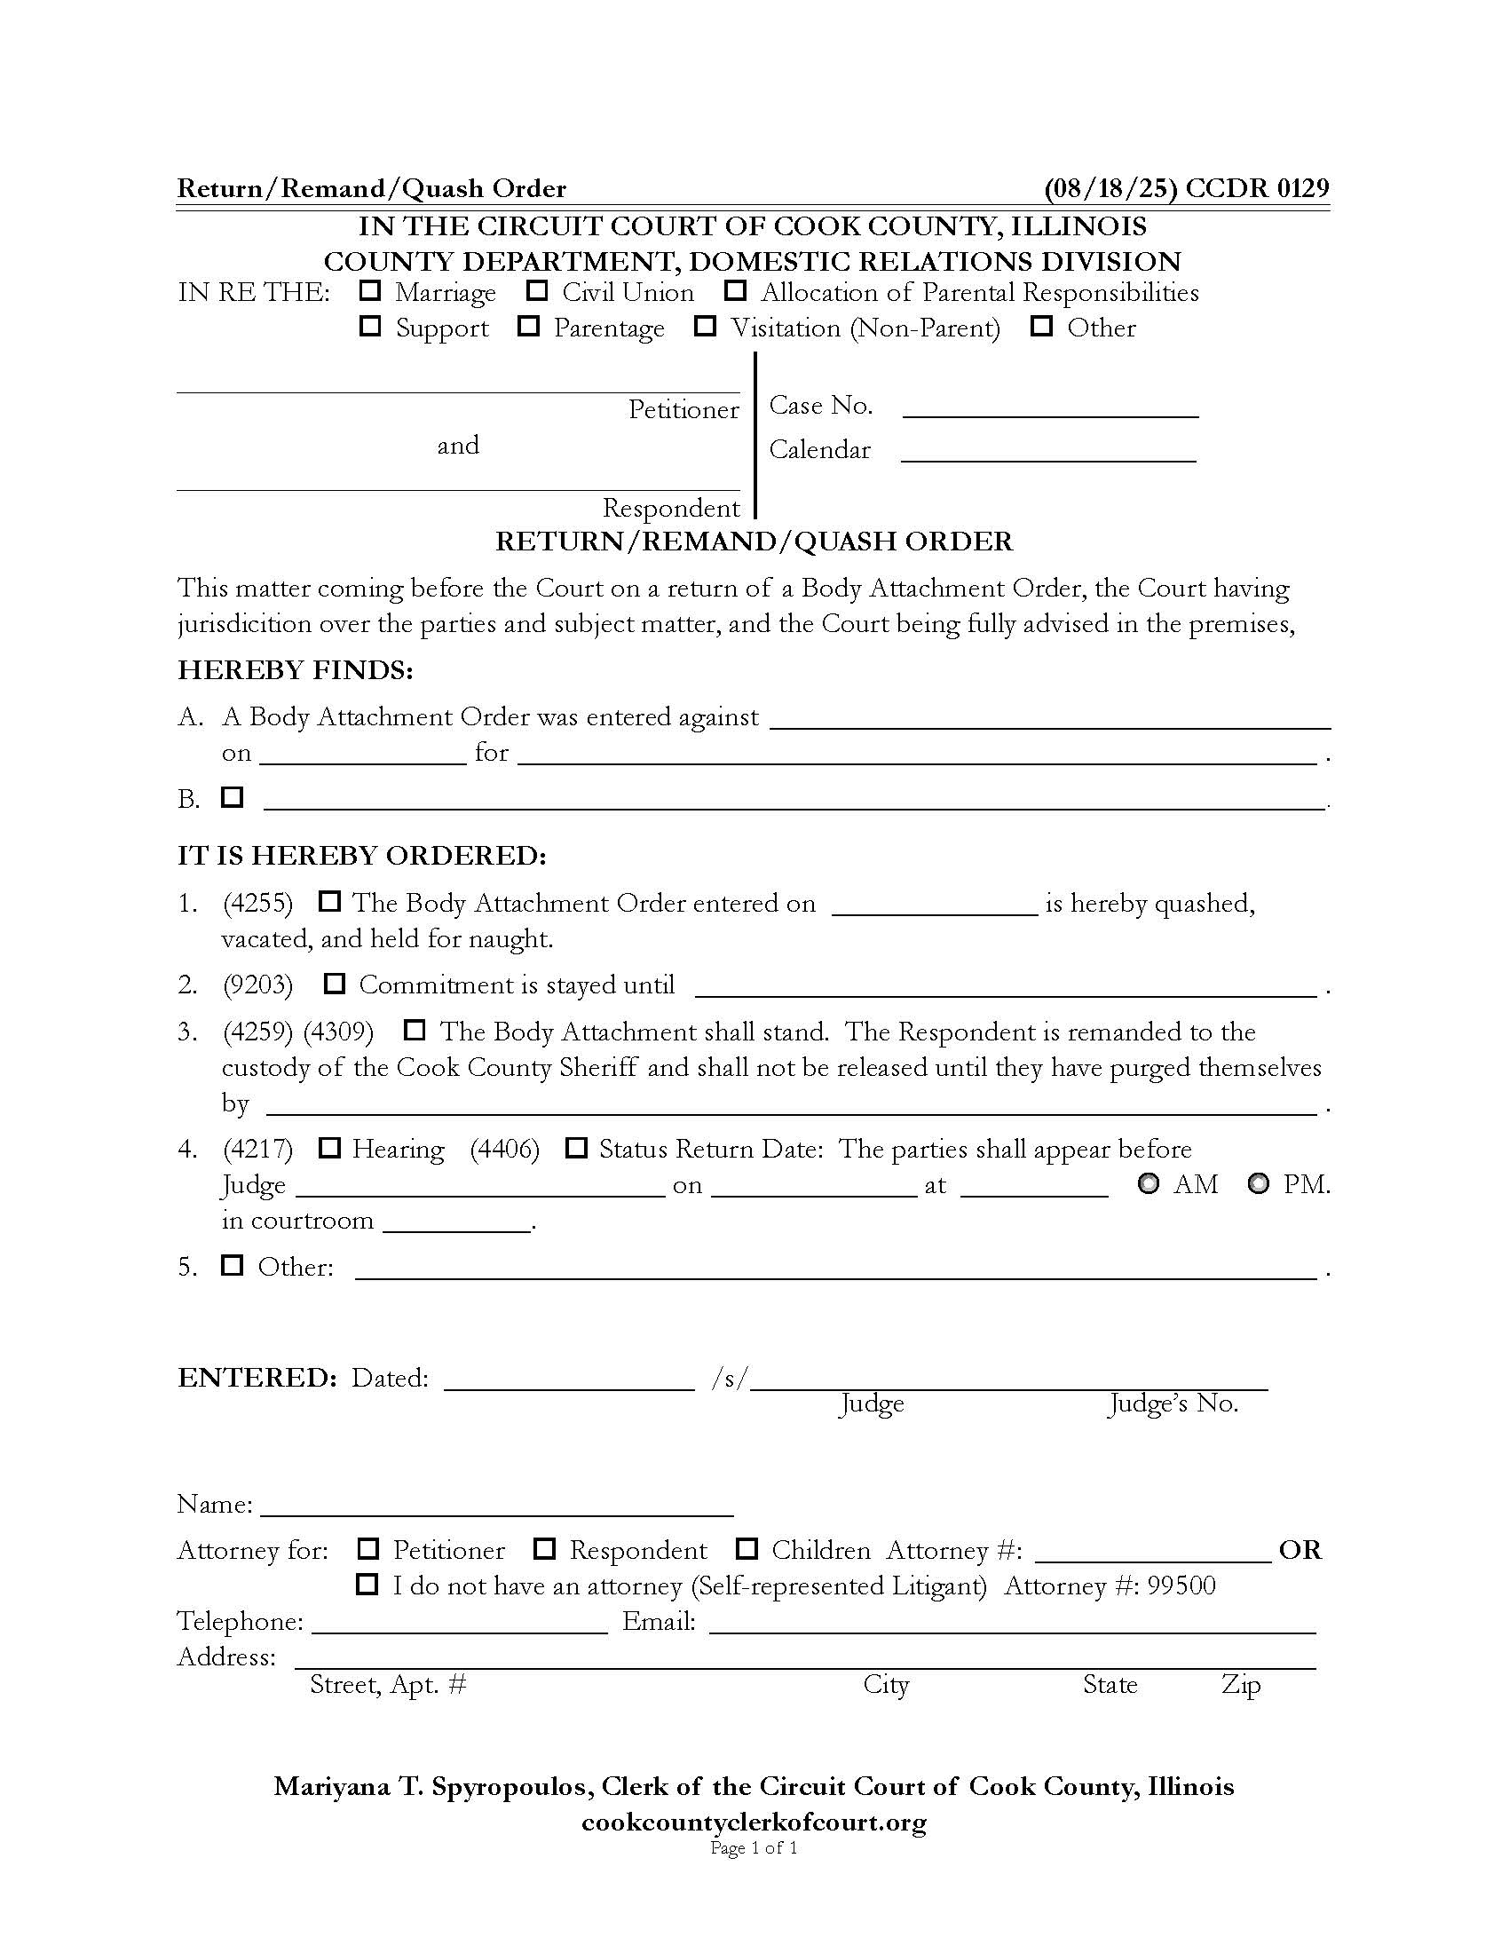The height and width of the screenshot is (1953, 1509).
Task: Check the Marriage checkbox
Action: pyautogui.click(x=369, y=290)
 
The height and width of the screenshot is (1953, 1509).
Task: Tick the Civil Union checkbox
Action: pyautogui.click(x=536, y=290)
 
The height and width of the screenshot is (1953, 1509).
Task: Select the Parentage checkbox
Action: pyautogui.click(x=528, y=327)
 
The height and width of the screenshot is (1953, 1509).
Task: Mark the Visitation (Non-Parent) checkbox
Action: pyautogui.click(x=706, y=327)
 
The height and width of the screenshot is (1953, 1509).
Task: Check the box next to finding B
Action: pyautogui.click(x=233, y=796)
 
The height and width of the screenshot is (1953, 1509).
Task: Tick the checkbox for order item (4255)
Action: pyautogui.click(x=330, y=901)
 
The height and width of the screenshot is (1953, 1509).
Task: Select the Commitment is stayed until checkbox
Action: pyautogui.click(x=335, y=984)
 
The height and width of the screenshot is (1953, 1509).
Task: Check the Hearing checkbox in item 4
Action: pyautogui.click(x=330, y=1147)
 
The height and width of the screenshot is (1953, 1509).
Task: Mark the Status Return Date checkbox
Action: pyautogui.click(x=577, y=1147)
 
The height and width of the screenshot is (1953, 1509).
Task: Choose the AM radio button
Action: pyautogui.click(x=1149, y=1184)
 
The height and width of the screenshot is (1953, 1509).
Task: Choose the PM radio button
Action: pyautogui.click(x=1259, y=1184)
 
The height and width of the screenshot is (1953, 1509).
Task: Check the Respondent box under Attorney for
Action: pyautogui.click(x=544, y=1548)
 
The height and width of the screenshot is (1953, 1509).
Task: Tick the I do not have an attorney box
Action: pyautogui.click(x=367, y=1585)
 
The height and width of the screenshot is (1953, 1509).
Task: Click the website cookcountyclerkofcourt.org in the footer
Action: pyautogui.click(x=754, y=1823)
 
